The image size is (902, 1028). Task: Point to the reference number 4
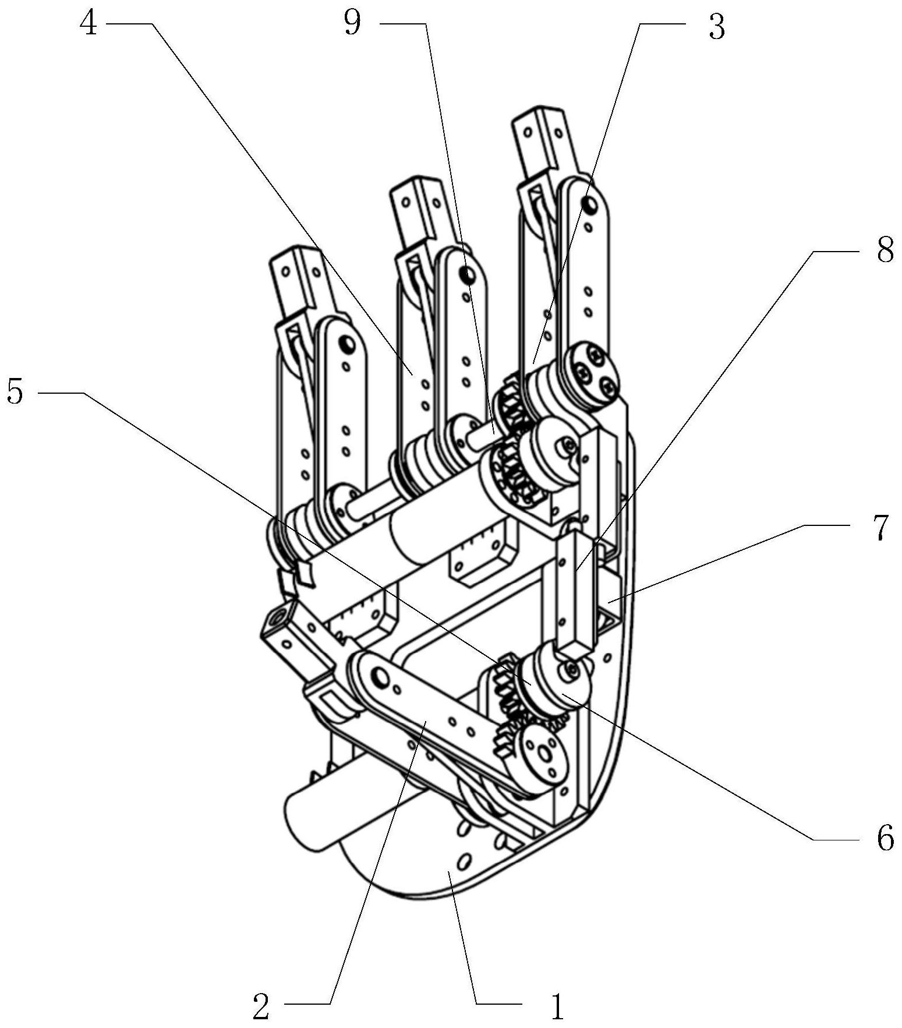tap(89, 24)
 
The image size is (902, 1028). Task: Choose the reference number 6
tap(885, 839)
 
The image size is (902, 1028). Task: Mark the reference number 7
tap(883, 527)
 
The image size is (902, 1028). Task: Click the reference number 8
tap(885, 252)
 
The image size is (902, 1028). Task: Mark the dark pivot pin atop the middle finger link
tap(466, 272)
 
